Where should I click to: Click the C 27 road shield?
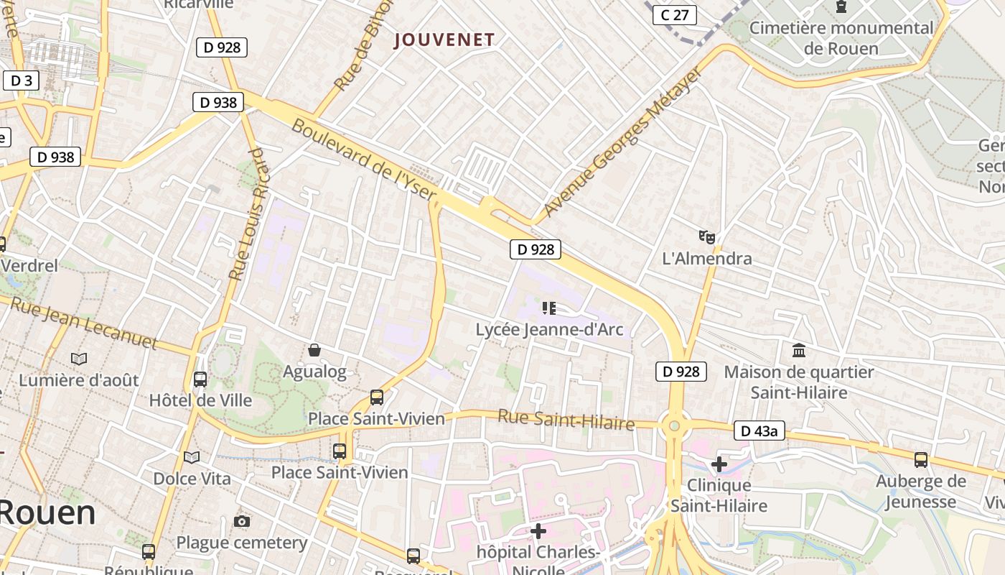675,14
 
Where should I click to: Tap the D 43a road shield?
759,431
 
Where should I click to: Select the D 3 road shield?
21,80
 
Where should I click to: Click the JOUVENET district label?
444,40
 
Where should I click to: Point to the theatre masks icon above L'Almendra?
707,236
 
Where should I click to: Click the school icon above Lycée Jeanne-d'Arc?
549,308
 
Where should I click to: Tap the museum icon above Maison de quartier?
798,351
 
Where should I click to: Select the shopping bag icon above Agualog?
314,350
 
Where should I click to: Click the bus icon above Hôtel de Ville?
200,379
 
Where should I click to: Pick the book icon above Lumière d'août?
79,358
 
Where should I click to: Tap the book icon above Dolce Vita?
192,457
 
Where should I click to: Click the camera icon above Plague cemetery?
242,521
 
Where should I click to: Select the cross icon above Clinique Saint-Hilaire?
719,464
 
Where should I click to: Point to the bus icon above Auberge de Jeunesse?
920,459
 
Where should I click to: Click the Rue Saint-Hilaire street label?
566,419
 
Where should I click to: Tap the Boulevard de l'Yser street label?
364,160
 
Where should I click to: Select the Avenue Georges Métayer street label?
622,142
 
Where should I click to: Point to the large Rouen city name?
47,512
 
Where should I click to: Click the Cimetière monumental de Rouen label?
841,38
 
